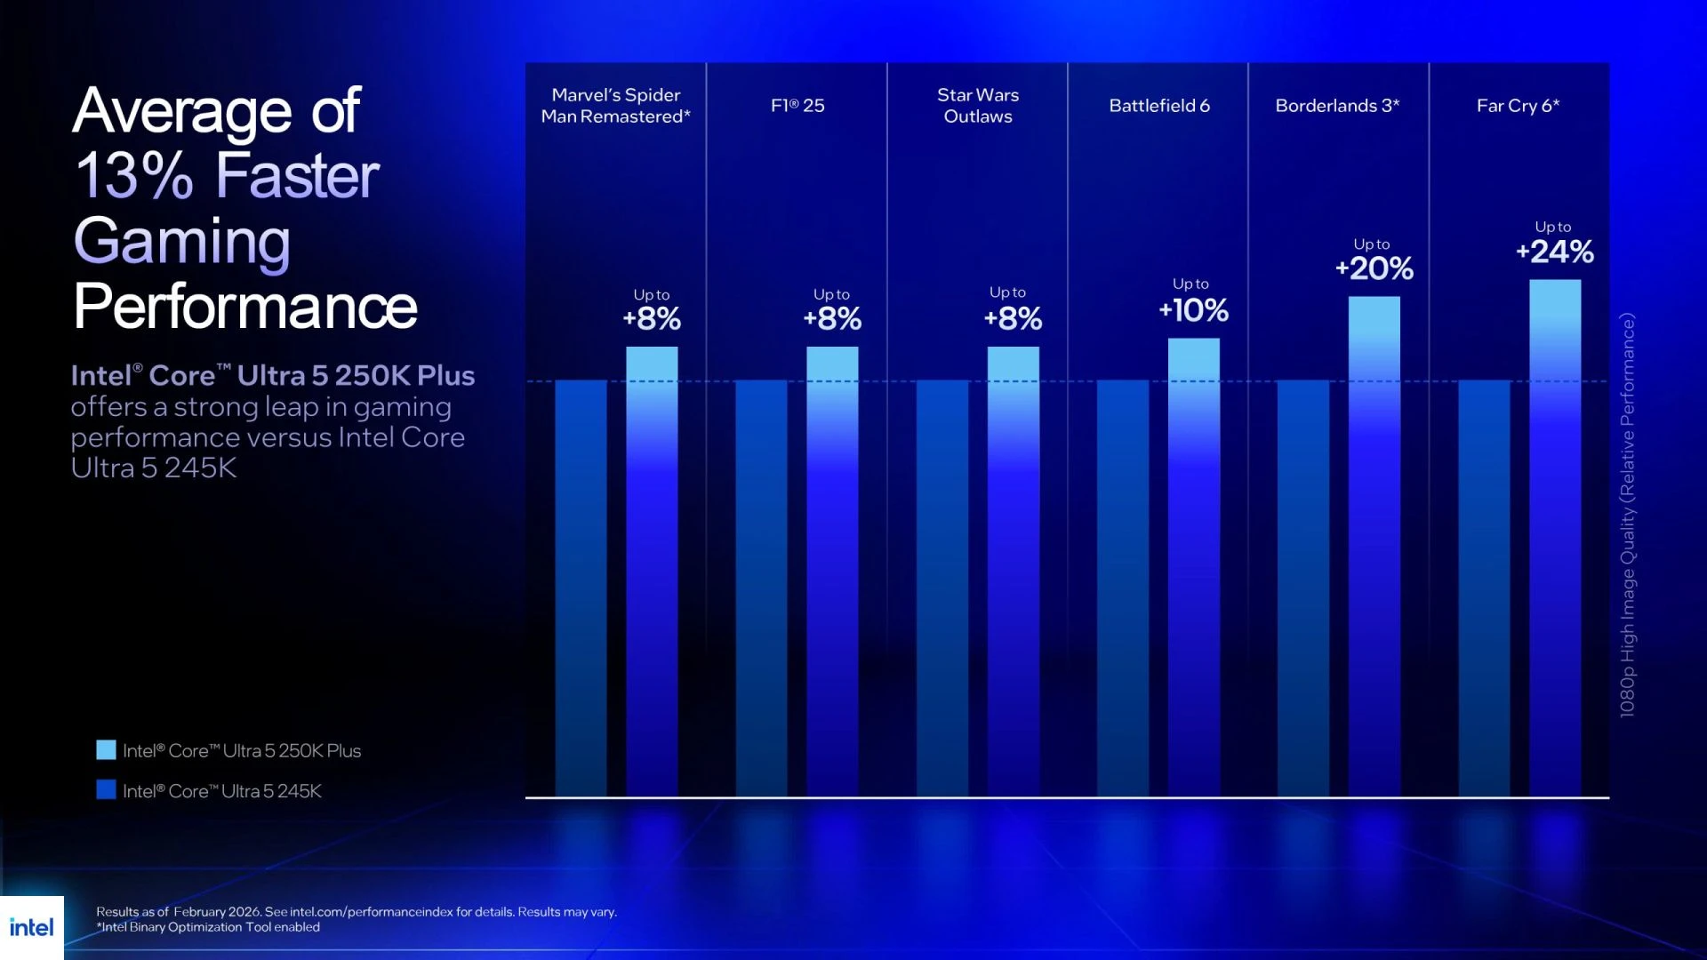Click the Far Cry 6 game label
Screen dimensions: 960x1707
pos(1518,106)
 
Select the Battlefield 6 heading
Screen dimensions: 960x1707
pos(1158,106)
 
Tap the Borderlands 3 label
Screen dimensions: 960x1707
pos(1337,106)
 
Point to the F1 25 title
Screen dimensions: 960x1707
pos(797,106)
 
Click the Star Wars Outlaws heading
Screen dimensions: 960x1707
pos(978,106)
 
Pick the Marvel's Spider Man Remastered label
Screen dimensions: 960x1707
pos(615,106)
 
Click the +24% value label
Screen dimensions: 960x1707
pos(1555,252)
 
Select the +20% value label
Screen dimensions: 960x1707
pos(1374,268)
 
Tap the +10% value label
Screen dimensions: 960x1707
pos(1193,310)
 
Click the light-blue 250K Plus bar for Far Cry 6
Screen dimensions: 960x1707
pos(1555,533)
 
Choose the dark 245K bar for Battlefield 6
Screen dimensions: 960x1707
pos(1123,587)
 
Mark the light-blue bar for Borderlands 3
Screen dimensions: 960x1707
pos(1374,542)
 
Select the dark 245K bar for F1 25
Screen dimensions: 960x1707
pos(761,587)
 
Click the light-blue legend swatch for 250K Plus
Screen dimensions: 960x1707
pos(106,750)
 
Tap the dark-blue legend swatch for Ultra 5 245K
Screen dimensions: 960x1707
pos(106,789)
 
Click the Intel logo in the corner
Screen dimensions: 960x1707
pos(32,927)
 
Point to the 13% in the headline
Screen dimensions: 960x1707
pos(133,175)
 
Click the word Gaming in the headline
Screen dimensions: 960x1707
pos(181,241)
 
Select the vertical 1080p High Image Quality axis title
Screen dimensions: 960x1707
pos(1627,516)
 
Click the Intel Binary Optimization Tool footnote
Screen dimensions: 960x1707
pos(208,927)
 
